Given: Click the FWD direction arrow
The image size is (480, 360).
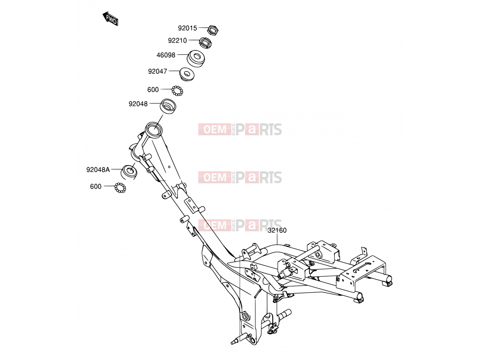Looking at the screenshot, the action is pyautogui.click(x=110, y=19).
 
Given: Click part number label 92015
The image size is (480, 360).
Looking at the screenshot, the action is pyautogui.click(x=187, y=28).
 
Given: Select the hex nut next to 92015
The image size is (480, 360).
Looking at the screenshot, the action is pyautogui.click(x=213, y=30).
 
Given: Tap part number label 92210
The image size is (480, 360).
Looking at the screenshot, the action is pyautogui.click(x=177, y=41).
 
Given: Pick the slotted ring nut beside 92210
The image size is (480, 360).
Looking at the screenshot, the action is pyautogui.click(x=205, y=43).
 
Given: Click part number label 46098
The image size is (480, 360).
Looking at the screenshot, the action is pyautogui.click(x=166, y=55).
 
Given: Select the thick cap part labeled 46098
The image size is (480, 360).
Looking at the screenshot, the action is pyautogui.click(x=196, y=58).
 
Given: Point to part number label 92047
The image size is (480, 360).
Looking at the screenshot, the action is pyautogui.click(x=157, y=71).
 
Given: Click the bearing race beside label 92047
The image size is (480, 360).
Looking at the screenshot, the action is pyautogui.click(x=187, y=74).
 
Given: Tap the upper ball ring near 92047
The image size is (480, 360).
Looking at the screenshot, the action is pyautogui.click(x=177, y=91).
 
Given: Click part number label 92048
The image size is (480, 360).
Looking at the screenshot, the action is pyautogui.click(x=138, y=104).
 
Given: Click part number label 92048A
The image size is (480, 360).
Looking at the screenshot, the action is pyautogui.click(x=98, y=169).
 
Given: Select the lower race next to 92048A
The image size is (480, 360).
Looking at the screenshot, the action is pyautogui.click(x=129, y=172).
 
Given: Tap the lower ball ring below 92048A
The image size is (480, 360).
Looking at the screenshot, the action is pyautogui.click(x=120, y=187).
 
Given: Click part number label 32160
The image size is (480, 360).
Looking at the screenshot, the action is pyautogui.click(x=277, y=230).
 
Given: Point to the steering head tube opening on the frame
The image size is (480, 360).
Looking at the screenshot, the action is pyautogui.click(x=154, y=129).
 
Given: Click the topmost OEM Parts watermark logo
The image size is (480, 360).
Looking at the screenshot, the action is pyautogui.click(x=240, y=129).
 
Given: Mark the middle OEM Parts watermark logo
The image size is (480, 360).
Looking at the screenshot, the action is pyautogui.click(x=240, y=177).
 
